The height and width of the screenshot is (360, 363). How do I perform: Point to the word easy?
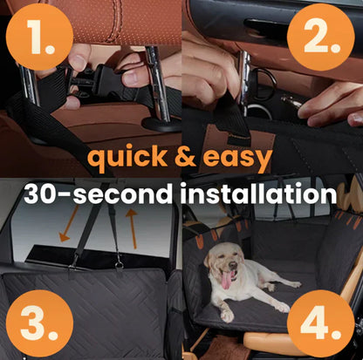tap(240, 160)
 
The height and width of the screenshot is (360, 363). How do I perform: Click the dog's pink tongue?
tap(226, 279)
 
